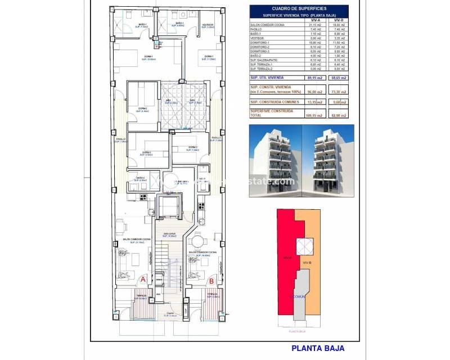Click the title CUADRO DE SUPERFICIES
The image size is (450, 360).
(299, 8)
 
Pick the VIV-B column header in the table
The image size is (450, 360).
(339, 20)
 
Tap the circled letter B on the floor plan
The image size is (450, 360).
(211, 279)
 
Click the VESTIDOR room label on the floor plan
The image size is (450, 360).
(208, 25)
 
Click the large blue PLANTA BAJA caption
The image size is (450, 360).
(318, 348)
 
